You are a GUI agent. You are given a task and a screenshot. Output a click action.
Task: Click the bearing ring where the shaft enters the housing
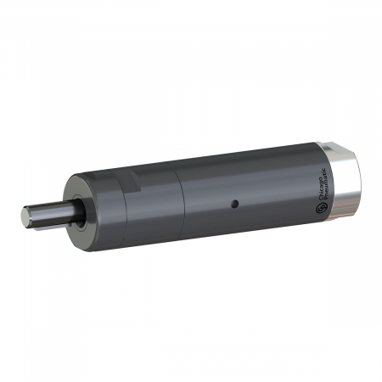[x=77, y=212]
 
